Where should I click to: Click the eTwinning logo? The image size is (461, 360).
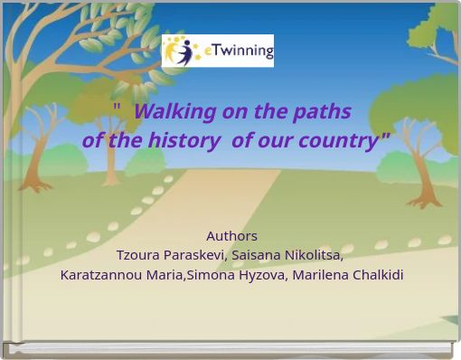click(217, 51)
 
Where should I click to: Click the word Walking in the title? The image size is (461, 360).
click(173, 111)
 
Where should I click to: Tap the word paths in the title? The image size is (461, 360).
click(322, 111)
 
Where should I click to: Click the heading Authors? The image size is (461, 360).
click(231, 236)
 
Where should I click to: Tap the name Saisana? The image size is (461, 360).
click(256, 255)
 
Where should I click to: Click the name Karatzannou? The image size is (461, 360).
click(99, 275)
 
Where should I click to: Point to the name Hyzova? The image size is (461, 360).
click(260, 275)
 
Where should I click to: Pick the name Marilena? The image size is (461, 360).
click(317, 275)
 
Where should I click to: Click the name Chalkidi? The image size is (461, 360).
click(375, 275)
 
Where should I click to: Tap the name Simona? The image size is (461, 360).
click(210, 275)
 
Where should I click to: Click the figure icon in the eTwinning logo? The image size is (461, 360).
click(183, 51)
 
